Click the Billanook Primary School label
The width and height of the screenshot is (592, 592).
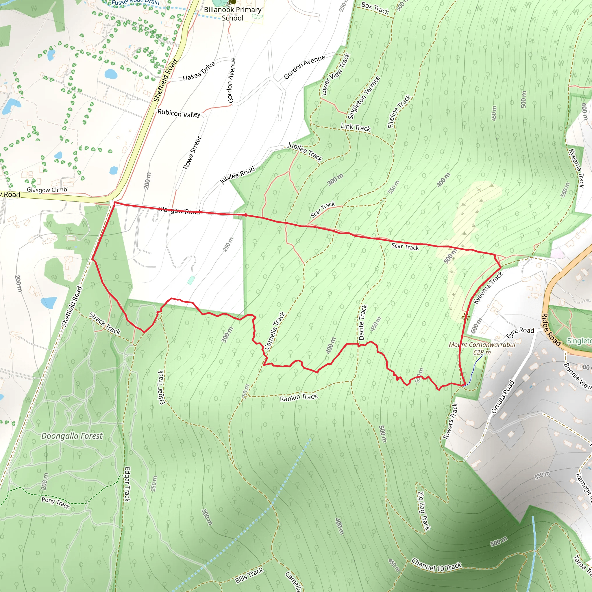click(x=233, y=14)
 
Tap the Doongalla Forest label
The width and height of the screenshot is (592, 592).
click(x=72, y=436)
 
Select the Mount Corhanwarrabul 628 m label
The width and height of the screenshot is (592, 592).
click(x=482, y=348)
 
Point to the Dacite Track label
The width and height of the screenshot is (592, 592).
click(x=362, y=322)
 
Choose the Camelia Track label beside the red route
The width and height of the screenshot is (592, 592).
click(x=275, y=331)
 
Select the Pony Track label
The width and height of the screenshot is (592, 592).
click(x=56, y=503)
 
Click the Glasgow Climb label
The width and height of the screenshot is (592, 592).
click(x=47, y=190)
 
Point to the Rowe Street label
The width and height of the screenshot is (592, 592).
click(x=192, y=153)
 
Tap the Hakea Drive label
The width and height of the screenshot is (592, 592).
click(x=199, y=71)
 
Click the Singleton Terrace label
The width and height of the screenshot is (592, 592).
click(x=364, y=97)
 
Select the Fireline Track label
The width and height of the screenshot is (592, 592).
click(x=399, y=111)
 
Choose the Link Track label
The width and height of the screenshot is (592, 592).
click(x=356, y=127)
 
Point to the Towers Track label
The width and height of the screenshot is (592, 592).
click(x=450, y=421)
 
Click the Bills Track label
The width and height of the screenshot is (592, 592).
click(x=249, y=576)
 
